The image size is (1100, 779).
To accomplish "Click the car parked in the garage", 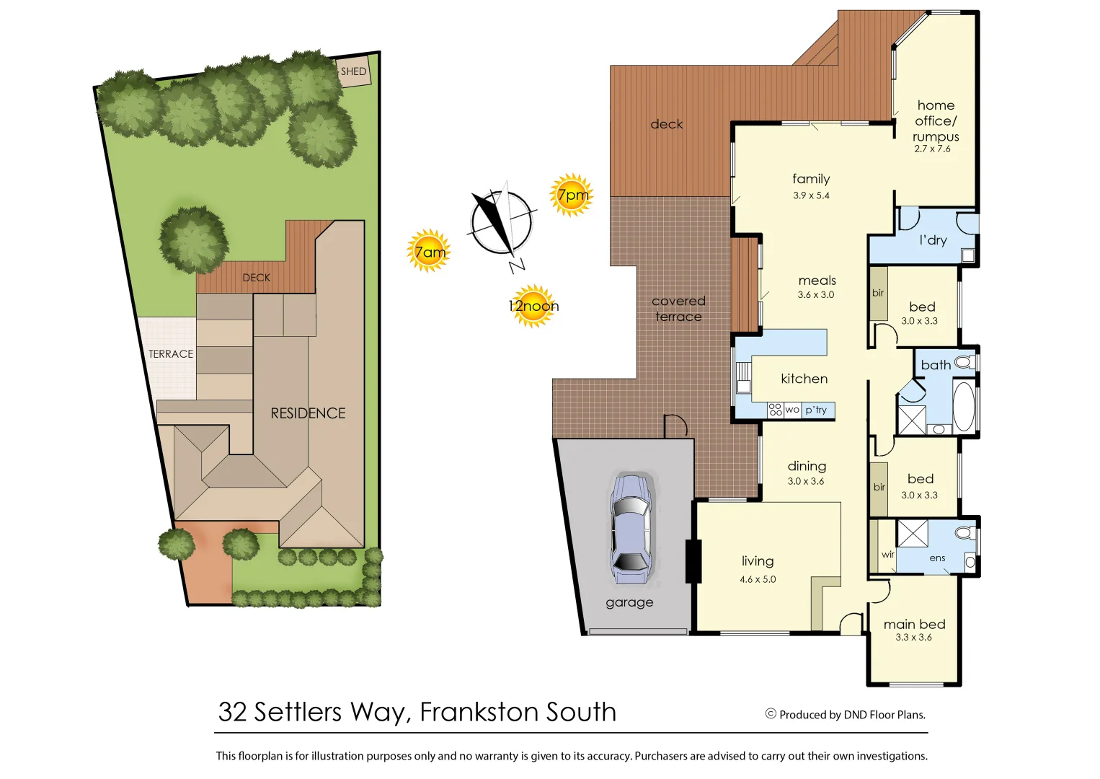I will click(x=631, y=528).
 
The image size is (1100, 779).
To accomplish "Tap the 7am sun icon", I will click(x=429, y=251).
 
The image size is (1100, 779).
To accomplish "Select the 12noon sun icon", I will click(x=533, y=306).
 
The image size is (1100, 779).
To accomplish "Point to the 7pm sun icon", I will click(x=572, y=195).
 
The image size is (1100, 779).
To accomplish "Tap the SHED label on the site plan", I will click(x=353, y=71).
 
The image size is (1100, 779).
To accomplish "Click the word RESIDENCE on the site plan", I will click(x=308, y=413).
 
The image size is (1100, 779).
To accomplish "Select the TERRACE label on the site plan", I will click(x=171, y=354).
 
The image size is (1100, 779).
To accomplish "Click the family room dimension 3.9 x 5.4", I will click(x=811, y=195).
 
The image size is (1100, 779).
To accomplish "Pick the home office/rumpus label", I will click(x=936, y=121).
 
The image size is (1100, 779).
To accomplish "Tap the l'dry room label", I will click(x=933, y=240).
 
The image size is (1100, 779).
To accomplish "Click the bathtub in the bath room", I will click(x=964, y=406).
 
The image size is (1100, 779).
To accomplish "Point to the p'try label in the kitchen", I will click(x=816, y=410).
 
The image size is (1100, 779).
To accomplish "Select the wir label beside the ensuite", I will click(x=887, y=555).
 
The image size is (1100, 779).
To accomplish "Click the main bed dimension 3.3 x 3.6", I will click(x=913, y=638).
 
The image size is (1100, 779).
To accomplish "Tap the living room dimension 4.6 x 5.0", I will click(x=758, y=579).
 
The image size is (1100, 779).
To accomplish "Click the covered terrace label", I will click(x=678, y=309).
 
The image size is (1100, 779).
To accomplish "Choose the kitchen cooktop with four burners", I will click(x=775, y=410).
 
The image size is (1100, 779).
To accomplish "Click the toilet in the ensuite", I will click(x=963, y=533).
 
